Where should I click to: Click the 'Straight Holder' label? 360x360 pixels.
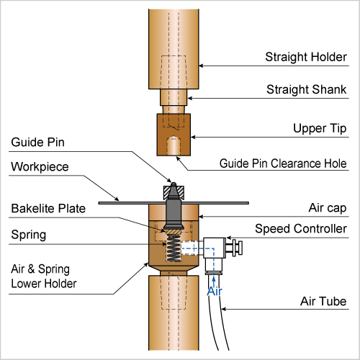306,57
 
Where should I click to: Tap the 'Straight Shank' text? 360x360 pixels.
307,89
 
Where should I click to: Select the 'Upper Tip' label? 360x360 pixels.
320,128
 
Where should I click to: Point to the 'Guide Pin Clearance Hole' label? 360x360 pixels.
283,163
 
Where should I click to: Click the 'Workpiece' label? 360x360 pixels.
40,167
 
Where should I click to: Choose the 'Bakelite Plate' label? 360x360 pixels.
48,208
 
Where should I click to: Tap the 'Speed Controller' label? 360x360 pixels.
301,229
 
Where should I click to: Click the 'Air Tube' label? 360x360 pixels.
323,301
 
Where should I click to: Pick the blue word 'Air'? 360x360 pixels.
215,292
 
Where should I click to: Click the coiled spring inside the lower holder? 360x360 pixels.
174,248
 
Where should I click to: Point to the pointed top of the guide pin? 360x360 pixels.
174,184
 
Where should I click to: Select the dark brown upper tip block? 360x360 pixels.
174,135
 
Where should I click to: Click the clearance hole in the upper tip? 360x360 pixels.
174,145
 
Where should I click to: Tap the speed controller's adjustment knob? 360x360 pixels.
238,248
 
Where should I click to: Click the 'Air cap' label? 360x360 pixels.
328,208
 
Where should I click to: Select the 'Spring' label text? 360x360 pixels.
29,235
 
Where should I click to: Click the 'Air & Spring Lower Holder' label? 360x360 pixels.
44,276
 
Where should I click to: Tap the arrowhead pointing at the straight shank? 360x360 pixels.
189,98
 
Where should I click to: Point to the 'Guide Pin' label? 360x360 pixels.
37,142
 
